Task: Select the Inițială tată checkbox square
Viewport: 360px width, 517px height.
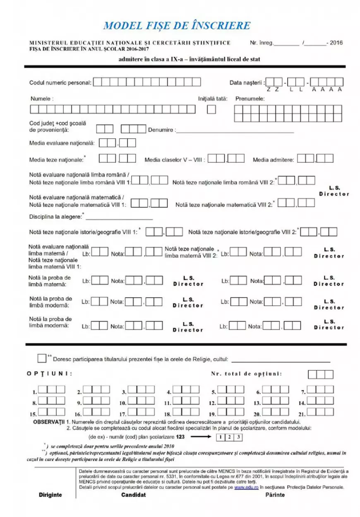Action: tap(212, 109)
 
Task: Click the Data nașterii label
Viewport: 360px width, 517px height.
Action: tap(247, 83)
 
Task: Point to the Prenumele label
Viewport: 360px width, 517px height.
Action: tap(250, 99)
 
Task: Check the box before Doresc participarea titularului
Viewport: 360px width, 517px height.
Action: tap(42, 358)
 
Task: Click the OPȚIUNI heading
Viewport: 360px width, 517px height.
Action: tap(50, 373)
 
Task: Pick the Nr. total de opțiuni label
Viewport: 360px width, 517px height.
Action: tap(247, 373)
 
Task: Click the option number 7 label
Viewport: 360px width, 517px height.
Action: tap(303, 392)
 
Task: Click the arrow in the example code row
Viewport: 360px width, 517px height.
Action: tap(201, 437)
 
